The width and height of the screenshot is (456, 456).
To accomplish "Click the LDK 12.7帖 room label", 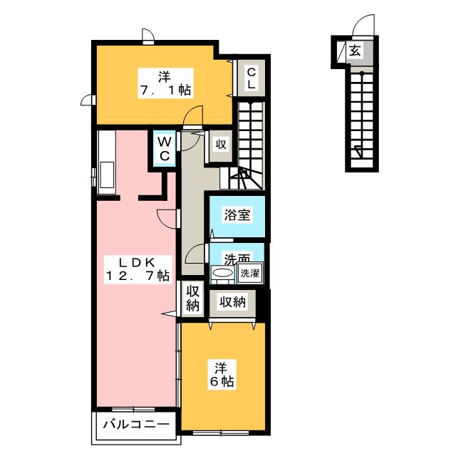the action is (x=138, y=269).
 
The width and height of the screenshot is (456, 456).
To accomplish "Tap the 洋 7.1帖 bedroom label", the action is (x=165, y=83).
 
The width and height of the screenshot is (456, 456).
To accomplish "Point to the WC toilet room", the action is (x=165, y=148).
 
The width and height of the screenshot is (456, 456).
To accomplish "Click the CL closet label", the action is (x=252, y=78).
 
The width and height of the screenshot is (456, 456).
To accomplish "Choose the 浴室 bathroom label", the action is (x=237, y=214).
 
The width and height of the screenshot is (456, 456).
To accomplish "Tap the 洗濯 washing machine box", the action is (x=250, y=273).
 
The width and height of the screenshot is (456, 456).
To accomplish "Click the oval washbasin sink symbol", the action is (x=223, y=273).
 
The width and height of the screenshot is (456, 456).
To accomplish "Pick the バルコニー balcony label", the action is (x=136, y=425).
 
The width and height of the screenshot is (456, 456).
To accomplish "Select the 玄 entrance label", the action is (x=355, y=51).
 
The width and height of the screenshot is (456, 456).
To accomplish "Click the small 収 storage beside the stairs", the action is (x=221, y=144).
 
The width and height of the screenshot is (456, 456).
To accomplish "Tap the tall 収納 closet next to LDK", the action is (x=192, y=298).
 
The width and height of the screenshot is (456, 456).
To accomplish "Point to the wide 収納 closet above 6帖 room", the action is (x=233, y=302).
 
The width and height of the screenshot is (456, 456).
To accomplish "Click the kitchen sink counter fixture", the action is (x=106, y=162).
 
